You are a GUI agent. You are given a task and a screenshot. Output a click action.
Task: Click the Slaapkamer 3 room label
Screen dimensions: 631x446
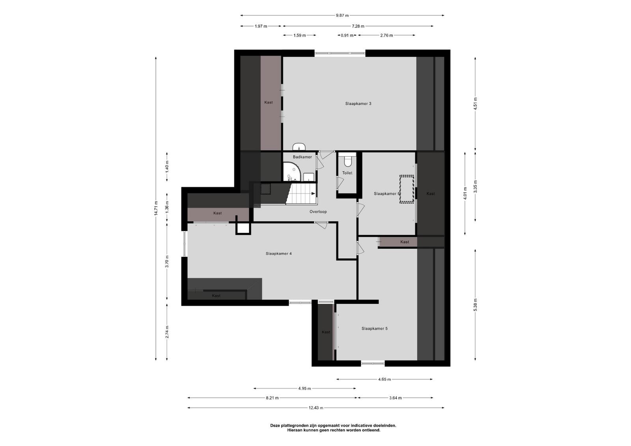coord(358,104)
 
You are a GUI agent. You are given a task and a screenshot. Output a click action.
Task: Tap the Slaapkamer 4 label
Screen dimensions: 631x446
coord(278,253)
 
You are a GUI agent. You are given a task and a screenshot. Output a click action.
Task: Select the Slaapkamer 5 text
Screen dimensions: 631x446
coord(374,328)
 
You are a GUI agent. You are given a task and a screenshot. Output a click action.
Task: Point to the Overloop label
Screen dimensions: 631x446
coord(318,212)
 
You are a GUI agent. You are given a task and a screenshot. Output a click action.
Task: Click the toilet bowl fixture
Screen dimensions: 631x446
coord(348,162)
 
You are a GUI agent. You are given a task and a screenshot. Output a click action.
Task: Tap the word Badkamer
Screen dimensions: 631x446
coord(302,157)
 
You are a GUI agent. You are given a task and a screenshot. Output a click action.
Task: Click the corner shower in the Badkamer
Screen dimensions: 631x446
coord(292,171)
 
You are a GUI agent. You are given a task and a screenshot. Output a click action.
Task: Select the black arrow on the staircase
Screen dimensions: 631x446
coord(313,193)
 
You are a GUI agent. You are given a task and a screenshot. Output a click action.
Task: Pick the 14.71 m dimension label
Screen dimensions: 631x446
coord(156,208)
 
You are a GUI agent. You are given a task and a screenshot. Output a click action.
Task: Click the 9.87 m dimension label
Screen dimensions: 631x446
coord(342,15)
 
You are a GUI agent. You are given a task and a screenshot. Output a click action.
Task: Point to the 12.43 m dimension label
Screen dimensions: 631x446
coord(316,408)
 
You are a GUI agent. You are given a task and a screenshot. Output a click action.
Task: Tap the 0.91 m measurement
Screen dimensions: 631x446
coord(347,35)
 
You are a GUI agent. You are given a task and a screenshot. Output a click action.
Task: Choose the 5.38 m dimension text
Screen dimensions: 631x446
coord(475,305)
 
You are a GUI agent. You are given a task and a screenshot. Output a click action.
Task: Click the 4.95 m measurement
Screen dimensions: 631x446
coord(304,388)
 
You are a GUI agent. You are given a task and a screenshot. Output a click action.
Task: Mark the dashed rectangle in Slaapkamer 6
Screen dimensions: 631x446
coord(407,189)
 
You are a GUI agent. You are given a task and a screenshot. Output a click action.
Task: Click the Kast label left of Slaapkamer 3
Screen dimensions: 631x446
coord(269,102)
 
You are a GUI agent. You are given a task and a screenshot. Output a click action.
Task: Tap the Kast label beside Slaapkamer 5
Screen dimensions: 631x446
coord(326,332)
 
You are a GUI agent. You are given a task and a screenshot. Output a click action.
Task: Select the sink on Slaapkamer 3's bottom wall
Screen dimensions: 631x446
coord(299,147)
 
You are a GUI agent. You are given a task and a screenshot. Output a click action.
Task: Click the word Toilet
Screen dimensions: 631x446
coord(347,173)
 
